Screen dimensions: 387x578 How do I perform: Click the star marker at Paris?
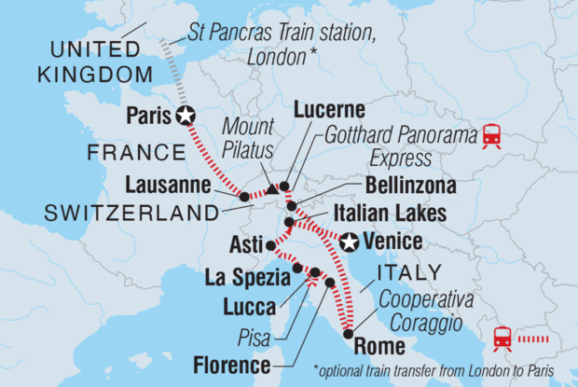[x=186, y=116]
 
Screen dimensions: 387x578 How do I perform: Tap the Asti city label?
[x=245, y=243]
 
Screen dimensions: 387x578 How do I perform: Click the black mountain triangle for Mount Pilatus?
[x=271, y=189]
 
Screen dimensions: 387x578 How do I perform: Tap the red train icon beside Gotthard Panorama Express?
[x=490, y=137]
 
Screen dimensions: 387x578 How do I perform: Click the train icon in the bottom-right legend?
[x=502, y=337]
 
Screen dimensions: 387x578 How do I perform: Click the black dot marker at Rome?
[x=348, y=333]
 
